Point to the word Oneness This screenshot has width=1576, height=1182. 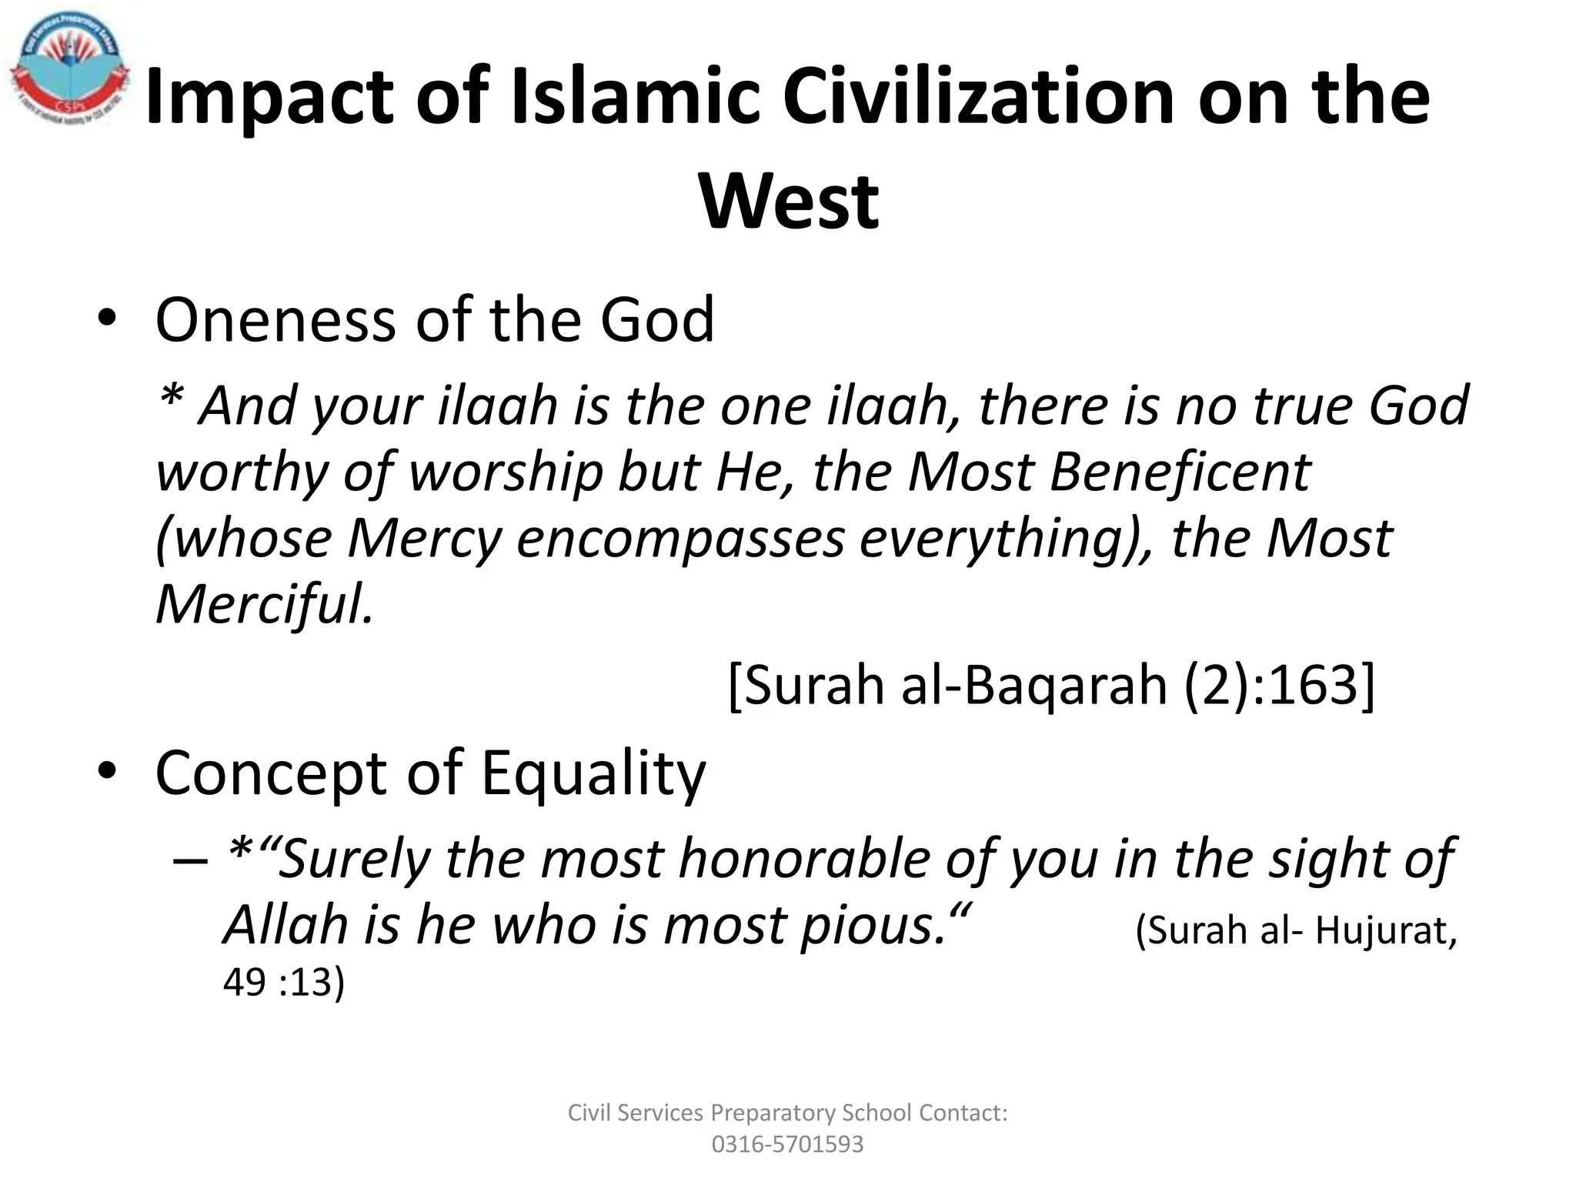point(276,320)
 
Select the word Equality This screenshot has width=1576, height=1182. point(593,774)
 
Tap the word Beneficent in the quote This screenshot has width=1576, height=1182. point(1180,472)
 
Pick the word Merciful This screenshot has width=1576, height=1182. point(264,604)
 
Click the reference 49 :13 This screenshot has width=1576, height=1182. point(284,983)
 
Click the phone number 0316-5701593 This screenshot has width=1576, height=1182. point(787,1144)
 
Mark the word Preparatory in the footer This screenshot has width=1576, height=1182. point(772,1113)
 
